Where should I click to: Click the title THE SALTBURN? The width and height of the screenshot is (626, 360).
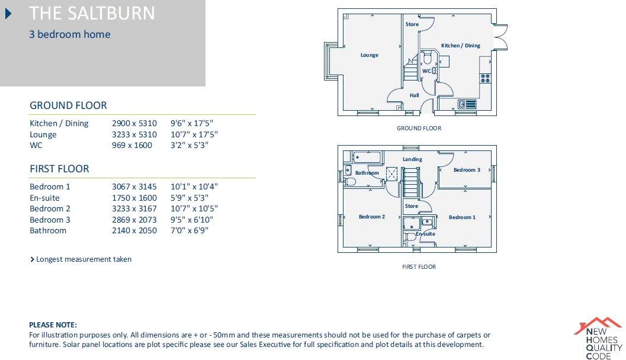pyautogui.click(x=92, y=13)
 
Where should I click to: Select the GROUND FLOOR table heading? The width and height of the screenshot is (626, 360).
pyautogui.click(x=68, y=105)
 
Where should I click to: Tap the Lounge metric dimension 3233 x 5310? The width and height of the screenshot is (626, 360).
pyautogui.click(x=134, y=134)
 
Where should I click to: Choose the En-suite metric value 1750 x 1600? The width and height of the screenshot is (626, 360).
pyautogui.click(x=134, y=198)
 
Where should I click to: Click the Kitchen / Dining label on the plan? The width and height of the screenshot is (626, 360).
pyautogui.click(x=460, y=46)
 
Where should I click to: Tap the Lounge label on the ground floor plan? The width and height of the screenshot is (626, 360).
pyautogui.click(x=369, y=55)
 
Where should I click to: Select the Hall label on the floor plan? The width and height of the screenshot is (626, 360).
pyautogui.click(x=414, y=95)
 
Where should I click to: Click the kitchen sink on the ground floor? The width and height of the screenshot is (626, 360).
pyautogui.click(x=467, y=105)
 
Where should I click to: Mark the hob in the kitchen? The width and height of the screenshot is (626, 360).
pyautogui.click(x=486, y=76)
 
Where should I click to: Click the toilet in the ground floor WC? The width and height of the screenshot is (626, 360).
pyautogui.click(x=427, y=59)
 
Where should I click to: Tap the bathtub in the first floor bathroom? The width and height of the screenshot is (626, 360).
pyautogui.click(x=368, y=157)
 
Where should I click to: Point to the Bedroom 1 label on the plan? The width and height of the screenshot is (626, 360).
pyautogui.click(x=461, y=217)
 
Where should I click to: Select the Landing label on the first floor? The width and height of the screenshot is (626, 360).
pyautogui.click(x=412, y=159)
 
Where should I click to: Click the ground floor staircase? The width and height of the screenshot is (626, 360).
pyautogui.click(x=410, y=72)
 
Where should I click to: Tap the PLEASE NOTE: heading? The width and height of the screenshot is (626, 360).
pyautogui.click(x=53, y=325)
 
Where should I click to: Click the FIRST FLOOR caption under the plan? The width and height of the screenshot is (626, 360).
pyautogui.click(x=419, y=267)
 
